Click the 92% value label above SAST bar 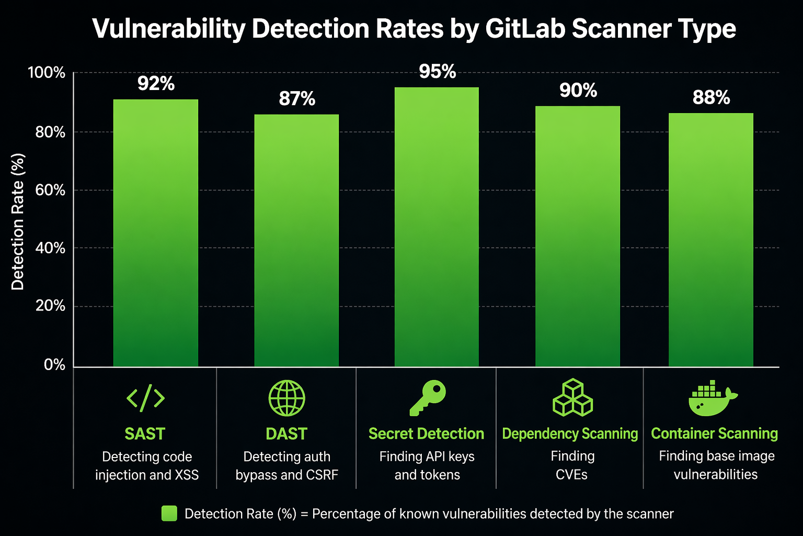click(x=156, y=84)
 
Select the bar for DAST click(x=296, y=241)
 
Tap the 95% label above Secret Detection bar click(x=438, y=72)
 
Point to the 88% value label click(x=711, y=98)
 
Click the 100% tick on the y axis click(x=47, y=73)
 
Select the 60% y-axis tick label click(x=50, y=190)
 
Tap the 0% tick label click(x=54, y=365)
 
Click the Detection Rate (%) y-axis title click(x=18, y=222)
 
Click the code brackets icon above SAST click(x=145, y=398)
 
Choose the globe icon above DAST click(x=286, y=398)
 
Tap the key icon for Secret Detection click(x=427, y=398)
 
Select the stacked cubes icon click(x=572, y=398)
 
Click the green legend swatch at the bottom click(x=169, y=513)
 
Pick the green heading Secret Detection click(x=426, y=434)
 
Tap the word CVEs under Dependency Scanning click(x=571, y=475)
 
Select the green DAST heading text click(x=286, y=434)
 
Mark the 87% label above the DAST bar click(x=297, y=99)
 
